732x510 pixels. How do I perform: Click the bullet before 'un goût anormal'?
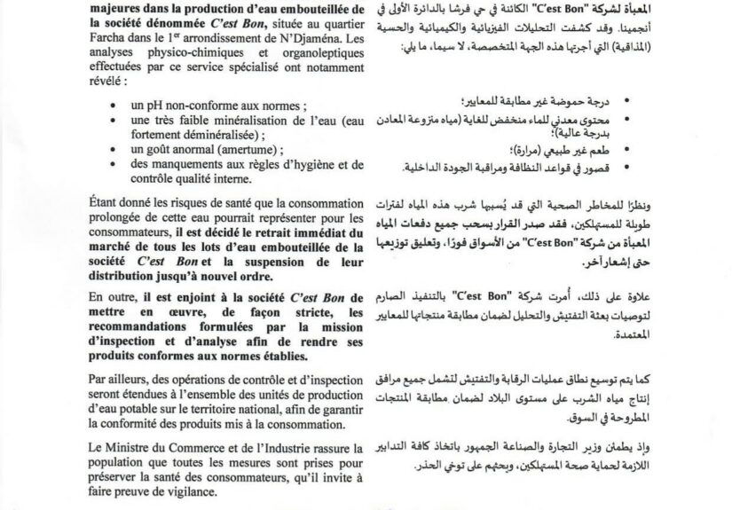click(132, 150)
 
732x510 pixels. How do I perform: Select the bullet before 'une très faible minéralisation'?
click(132, 121)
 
